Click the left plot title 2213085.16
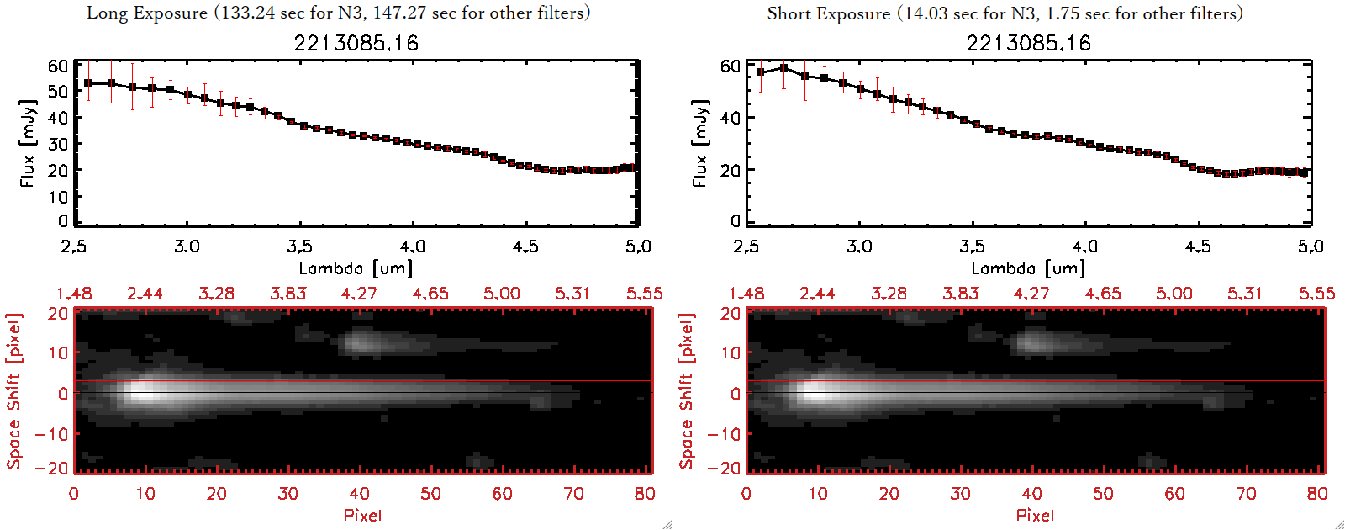356,43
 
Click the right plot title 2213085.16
1028,43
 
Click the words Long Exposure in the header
147,13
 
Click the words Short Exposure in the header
829,13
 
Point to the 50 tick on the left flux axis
58,91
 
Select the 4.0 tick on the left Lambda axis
412,246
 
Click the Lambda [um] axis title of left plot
356,268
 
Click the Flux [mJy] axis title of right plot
699,143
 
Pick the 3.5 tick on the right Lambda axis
972,246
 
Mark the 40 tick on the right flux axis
731,118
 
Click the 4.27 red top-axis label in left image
359,294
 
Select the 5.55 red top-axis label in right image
1316,294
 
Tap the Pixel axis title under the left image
362,515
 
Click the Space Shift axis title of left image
13,390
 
